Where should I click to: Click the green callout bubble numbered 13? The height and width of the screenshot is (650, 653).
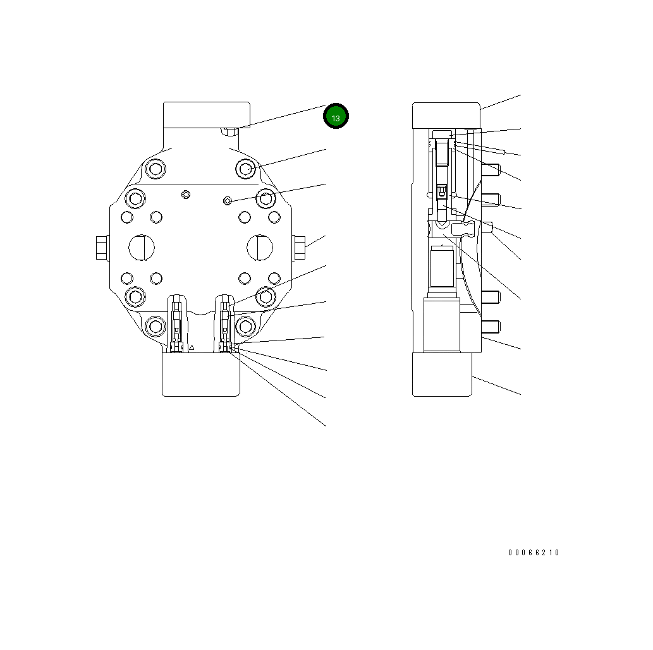(336, 117)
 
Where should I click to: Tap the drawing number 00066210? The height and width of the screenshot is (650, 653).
(534, 553)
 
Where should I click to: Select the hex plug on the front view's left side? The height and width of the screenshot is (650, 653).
(101, 247)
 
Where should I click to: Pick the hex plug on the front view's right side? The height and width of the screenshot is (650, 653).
(300, 247)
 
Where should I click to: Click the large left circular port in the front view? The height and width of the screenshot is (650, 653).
(141, 246)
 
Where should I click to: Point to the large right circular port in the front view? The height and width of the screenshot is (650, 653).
(260, 246)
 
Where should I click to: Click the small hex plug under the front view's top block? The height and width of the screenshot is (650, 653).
(229, 131)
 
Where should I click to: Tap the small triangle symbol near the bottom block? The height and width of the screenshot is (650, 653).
(192, 347)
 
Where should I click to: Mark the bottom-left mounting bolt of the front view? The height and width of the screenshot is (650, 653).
(154, 326)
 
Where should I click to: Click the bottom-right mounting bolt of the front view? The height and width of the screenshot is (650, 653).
(245, 326)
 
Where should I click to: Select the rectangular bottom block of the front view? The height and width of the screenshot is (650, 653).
(201, 374)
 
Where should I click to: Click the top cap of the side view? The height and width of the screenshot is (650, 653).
(446, 116)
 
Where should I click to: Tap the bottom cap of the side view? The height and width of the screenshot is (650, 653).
(442, 374)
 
